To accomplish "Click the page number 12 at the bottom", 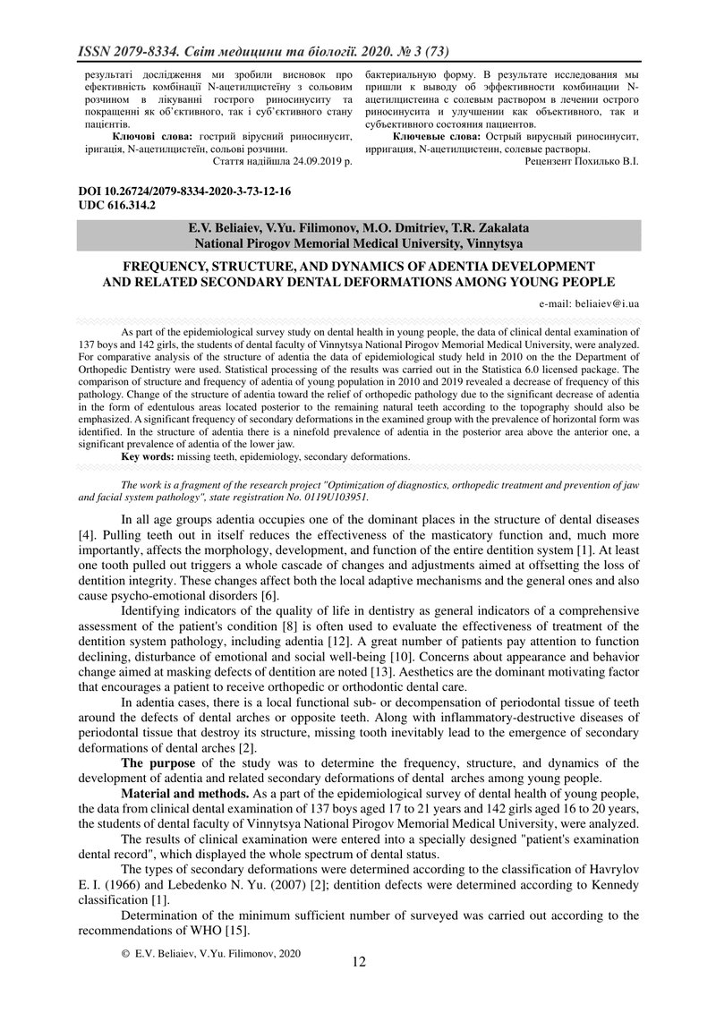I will click(359, 962).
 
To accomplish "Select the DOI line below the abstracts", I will click(185, 192).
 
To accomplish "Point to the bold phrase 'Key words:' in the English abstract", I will click(149, 456).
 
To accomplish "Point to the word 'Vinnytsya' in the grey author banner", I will click(492, 243).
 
